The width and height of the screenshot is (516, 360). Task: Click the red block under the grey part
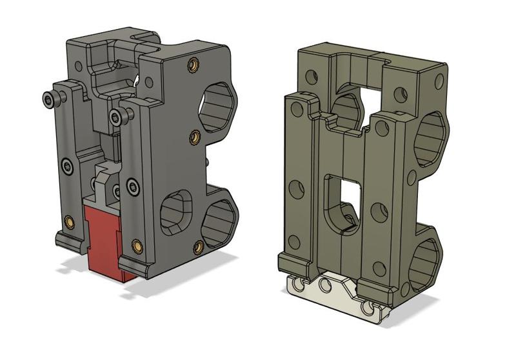tap(103, 242)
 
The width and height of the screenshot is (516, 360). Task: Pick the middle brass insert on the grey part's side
tap(194, 136)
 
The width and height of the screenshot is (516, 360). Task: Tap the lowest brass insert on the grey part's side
tap(195, 245)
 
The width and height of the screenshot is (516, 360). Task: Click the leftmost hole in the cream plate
tap(296, 284)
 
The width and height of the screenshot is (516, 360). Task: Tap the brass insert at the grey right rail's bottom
tap(137, 246)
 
